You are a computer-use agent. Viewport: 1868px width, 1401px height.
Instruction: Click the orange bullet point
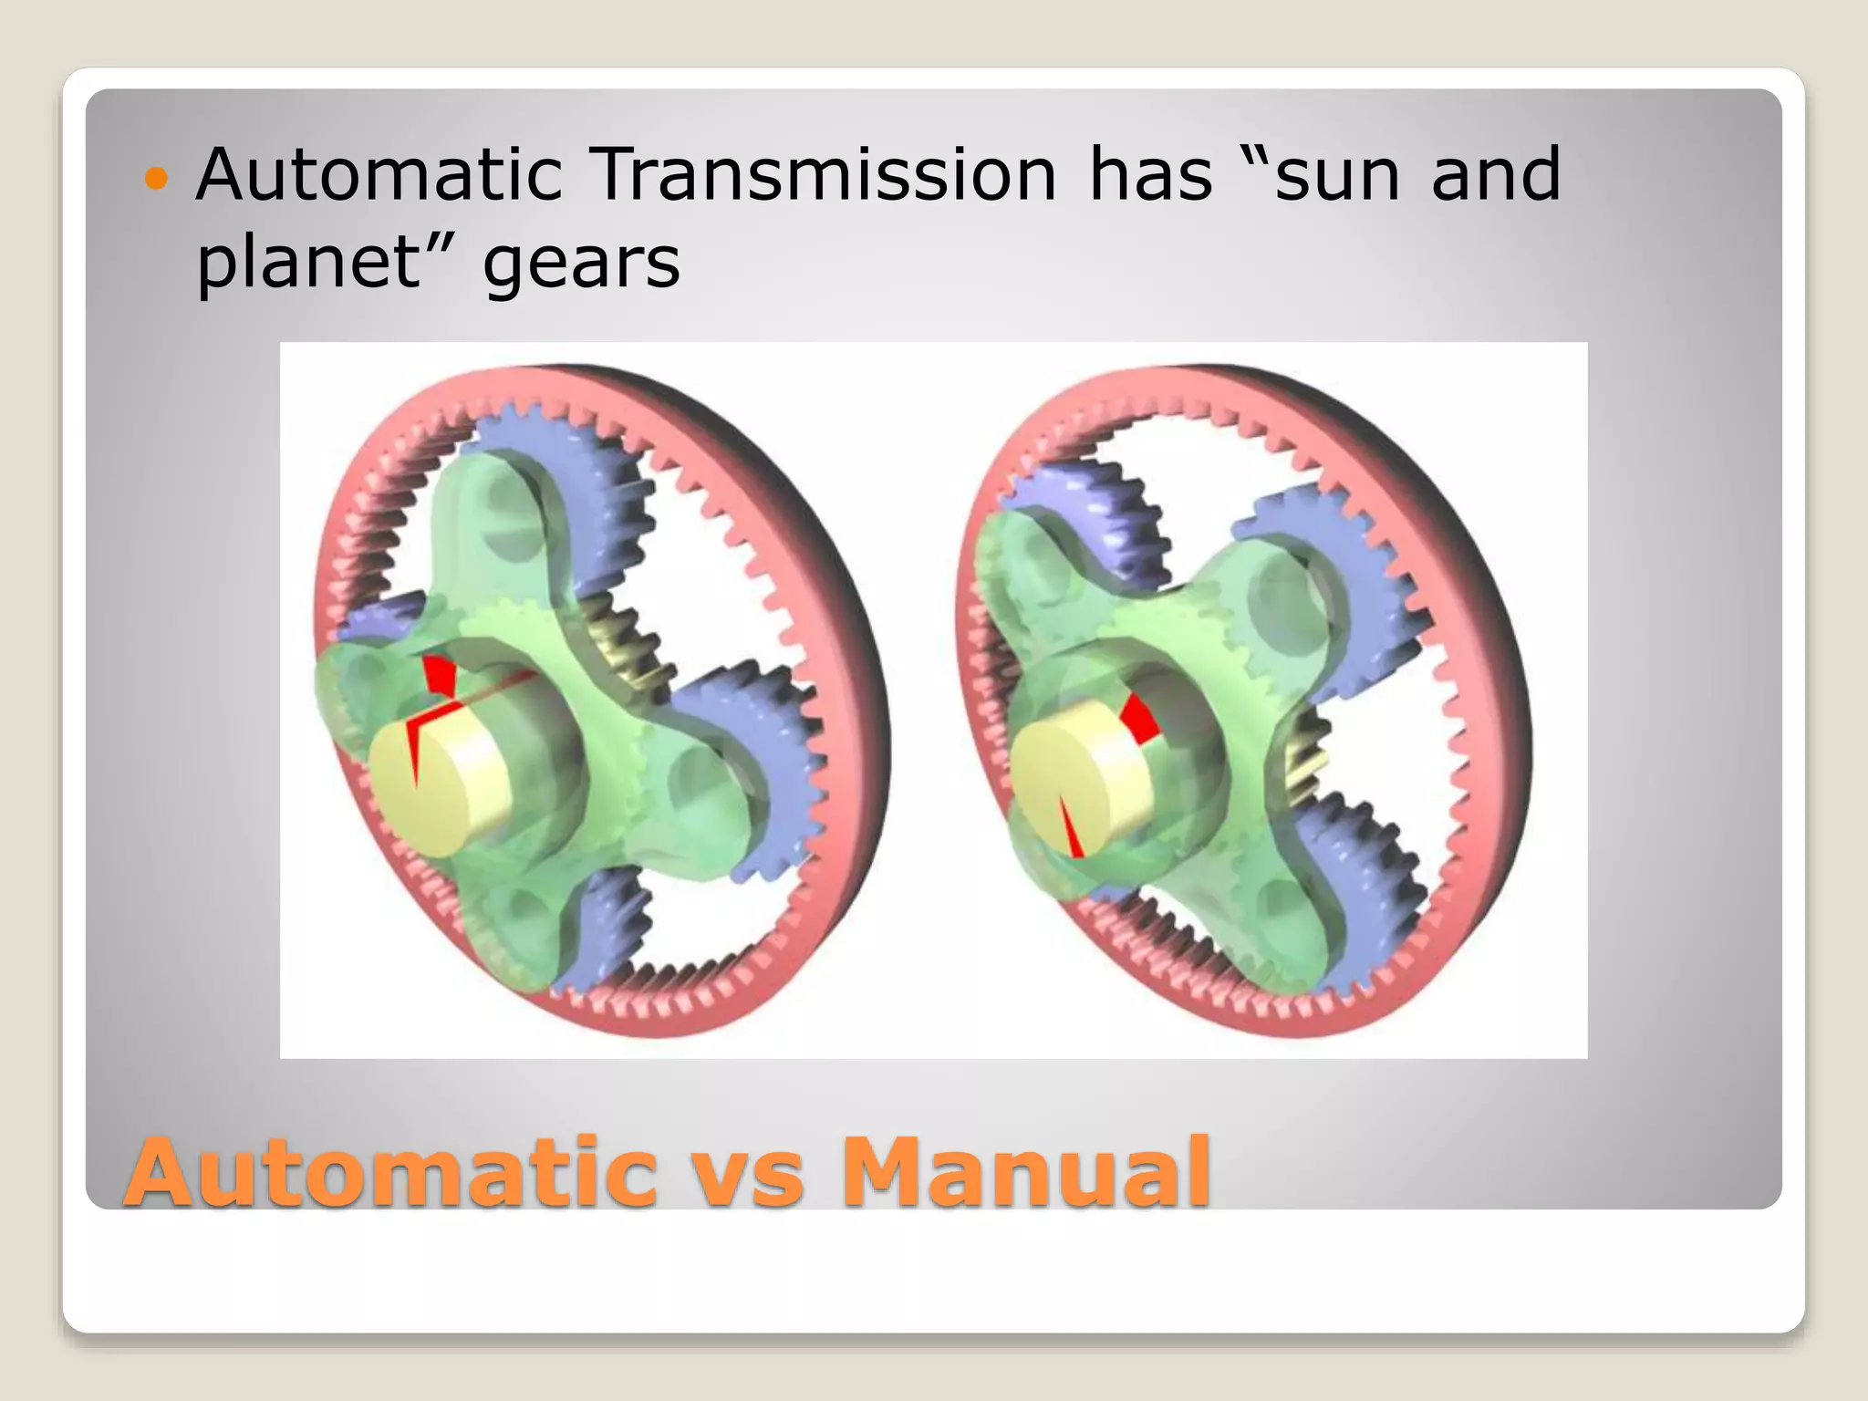coord(157,179)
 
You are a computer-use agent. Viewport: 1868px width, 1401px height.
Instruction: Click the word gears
coord(581,265)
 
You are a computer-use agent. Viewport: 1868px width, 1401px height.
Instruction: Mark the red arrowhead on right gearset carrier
coord(1139,717)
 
